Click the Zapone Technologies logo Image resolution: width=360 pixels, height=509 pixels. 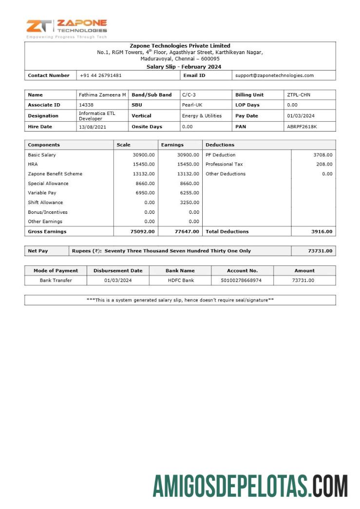pyautogui.click(x=67, y=28)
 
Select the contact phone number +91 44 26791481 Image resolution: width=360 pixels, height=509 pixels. pyautogui.click(x=100, y=75)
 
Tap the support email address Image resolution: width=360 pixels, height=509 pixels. pyautogui.click(x=274, y=75)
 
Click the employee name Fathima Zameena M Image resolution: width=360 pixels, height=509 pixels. pyautogui.click(x=102, y=95)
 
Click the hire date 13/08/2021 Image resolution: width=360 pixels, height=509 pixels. pyautogui.click(x=92, y=127)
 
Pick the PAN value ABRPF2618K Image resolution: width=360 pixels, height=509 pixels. pyautogui.click(x=302, y=127)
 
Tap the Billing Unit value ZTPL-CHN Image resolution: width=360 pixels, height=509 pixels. pyautogui.click(x=299, y=95)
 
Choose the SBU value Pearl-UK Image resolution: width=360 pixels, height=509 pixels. pyautogui.click(x=192, y=105)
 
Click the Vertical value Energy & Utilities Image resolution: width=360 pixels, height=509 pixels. pyautogui.click(x=202, y=116)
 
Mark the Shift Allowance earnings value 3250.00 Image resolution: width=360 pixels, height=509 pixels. pyautogui.click(x=189, y=203)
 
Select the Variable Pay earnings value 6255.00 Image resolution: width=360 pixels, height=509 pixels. pyautogui.click(x=189, y=193)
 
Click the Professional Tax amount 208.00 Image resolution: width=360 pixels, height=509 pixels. pyautogui.click(x=324, y=164)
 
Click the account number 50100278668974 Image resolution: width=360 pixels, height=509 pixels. pyautogui.click(x=242, y=280)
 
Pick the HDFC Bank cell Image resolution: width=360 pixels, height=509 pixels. pyautogui.click(x=180, y=280)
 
